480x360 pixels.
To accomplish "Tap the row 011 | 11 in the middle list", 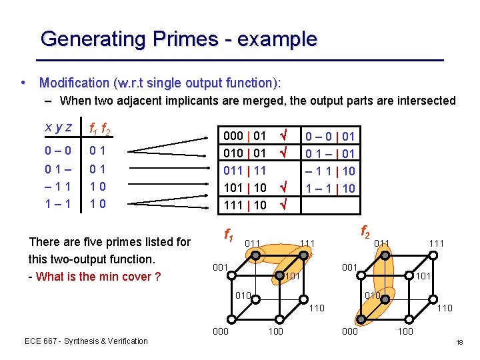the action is click(x=246, y=171).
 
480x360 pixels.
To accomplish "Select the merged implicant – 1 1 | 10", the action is click(x=330, y=171).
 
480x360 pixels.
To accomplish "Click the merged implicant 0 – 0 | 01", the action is click(x=330, y=137).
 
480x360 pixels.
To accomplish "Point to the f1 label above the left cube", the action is click(x=228, y=235).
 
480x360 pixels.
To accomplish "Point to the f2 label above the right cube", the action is click(x=366, y=233).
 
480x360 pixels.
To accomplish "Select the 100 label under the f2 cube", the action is click(x=405, y=331).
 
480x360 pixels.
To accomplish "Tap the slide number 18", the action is click(x=459, y=342).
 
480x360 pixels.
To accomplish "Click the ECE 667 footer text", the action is click(x=86, y=341).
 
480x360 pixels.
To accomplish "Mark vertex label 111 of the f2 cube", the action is click(x=437, y=243).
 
